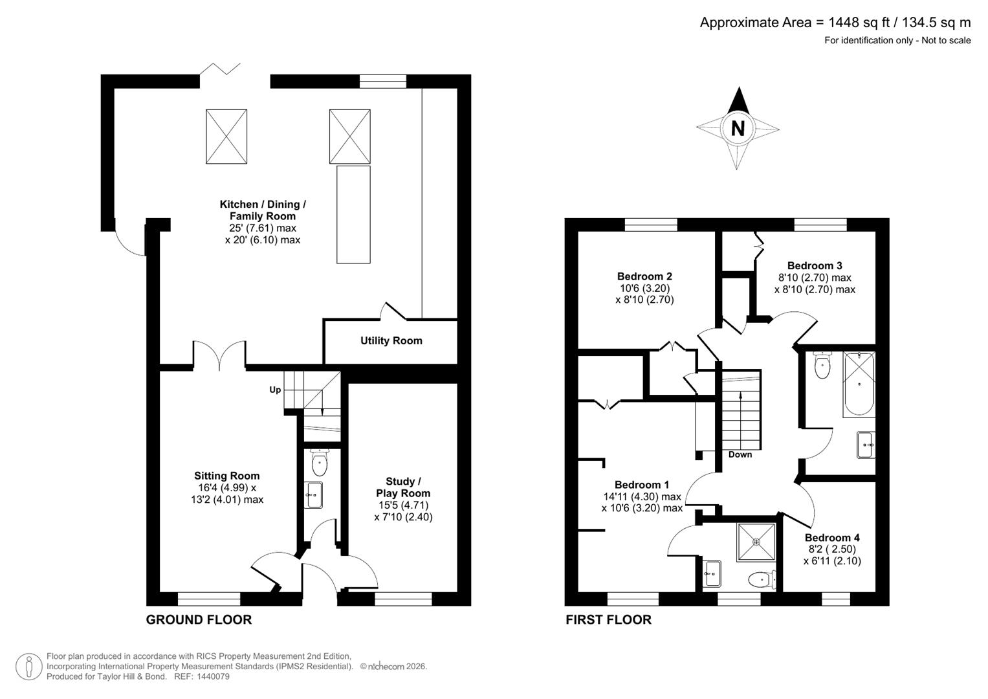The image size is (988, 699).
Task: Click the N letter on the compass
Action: pos(737,128)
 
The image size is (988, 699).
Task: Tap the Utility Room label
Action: pos(391,340)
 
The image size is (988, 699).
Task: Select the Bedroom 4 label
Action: pos(832,537)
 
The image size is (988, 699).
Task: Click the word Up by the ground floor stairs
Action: pos(275,390)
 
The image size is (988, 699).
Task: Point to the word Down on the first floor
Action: pos(740,454)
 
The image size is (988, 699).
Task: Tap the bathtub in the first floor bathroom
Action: pos(859,384)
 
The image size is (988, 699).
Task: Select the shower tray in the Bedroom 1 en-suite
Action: pos(756,542)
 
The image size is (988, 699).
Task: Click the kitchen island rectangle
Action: pos(353,214)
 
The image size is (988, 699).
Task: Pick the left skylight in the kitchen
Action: pos(226,137)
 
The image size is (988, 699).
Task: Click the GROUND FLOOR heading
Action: pos(199,619)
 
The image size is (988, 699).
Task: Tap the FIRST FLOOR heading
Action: pos(608,619)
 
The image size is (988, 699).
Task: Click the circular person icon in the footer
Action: pos(29,667)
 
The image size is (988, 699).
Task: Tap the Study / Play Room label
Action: pos(403,487)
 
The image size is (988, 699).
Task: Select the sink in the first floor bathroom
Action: pos(866,445)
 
